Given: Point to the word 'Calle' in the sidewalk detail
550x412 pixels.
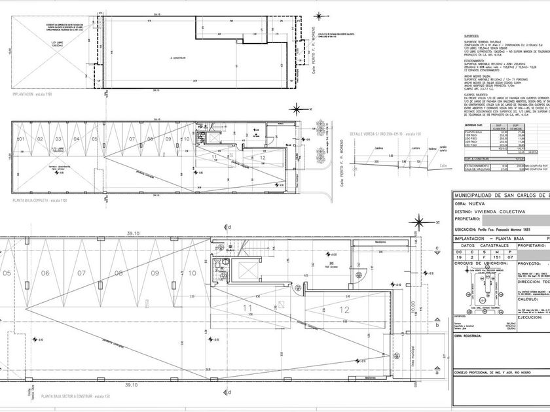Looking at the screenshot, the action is click(x=444, y=165).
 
